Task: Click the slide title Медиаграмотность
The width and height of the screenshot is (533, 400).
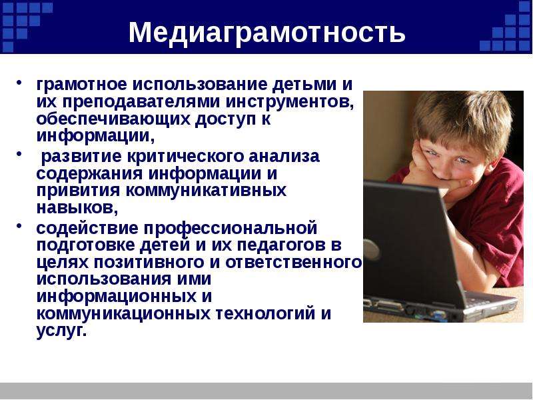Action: (267, 32)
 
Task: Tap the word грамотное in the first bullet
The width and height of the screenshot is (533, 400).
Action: (81, 85)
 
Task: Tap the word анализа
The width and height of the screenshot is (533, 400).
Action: (284, 157)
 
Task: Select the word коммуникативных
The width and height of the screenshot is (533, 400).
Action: (206, 191)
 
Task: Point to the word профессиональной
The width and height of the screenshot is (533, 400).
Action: (230, 229)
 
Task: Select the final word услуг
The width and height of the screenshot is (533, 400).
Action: (61, 331)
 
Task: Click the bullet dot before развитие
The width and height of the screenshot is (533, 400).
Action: (20, 154)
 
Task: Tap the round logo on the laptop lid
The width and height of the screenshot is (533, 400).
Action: (371, 250)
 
